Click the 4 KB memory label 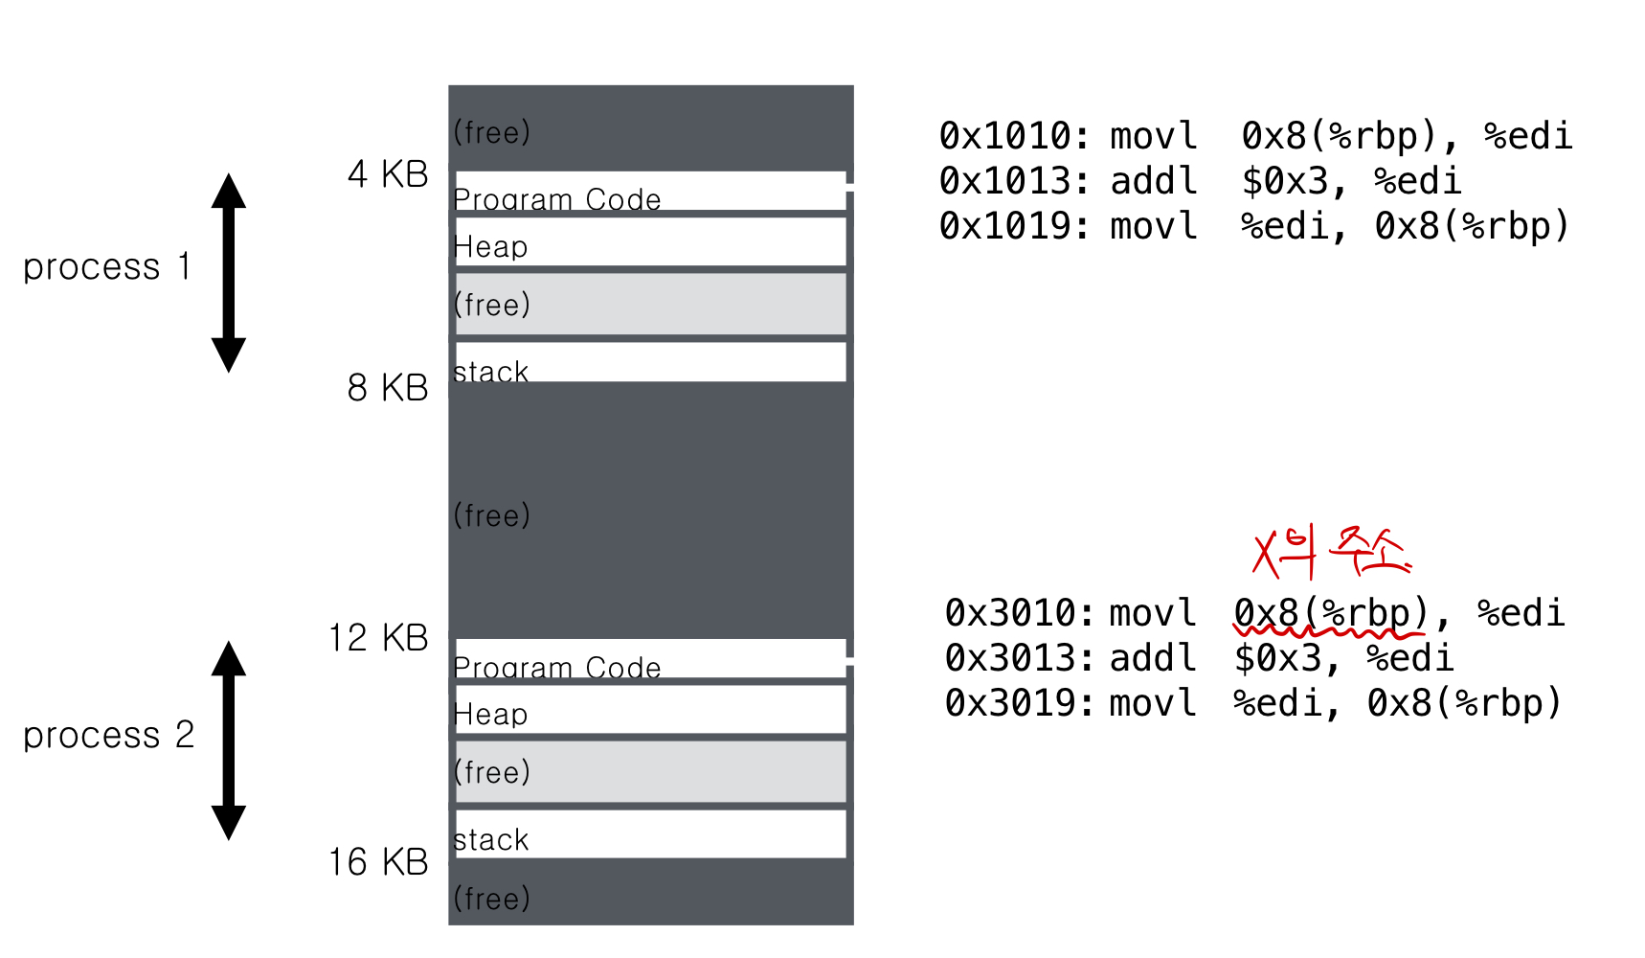click(388, 174)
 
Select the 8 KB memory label click(388, 388)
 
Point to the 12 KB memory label click(378, 638)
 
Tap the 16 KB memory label click(378, 862)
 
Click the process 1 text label click(106, 267)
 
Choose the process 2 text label click(108, 736)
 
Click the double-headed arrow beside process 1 click(229, 273)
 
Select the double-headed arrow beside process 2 click(229, 741)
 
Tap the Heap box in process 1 click(650, 242)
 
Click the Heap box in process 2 click(650, 710)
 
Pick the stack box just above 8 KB click(650, 362)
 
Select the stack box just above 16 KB click(650, 834)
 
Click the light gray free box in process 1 click(650, 305)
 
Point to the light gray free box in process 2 click(650, 772)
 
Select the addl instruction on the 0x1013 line click(1154, 181)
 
